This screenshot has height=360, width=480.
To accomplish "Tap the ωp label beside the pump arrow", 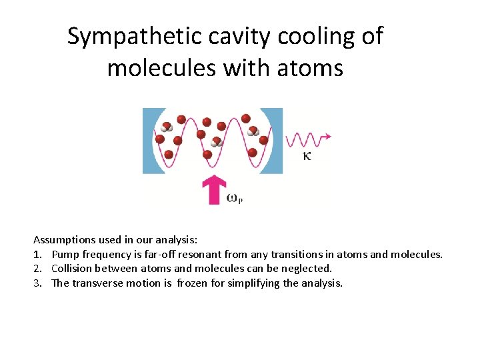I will (x=234, y=198).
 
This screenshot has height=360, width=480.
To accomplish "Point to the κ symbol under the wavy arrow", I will (x=307, y=156).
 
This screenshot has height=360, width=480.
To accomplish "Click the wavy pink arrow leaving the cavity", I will (x=307, y=139).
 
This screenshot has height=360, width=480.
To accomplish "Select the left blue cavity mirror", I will (x=149, y=141).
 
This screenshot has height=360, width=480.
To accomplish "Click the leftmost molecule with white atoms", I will (x=167, y=127).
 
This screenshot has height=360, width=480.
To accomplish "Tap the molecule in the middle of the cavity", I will (x=216, y=141).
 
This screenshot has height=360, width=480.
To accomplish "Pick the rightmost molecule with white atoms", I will (x=253, y=131).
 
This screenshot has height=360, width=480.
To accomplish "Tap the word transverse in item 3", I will (x=98, y=283).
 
